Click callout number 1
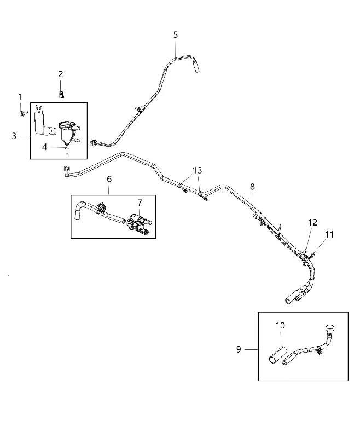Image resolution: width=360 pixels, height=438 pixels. point(20,97)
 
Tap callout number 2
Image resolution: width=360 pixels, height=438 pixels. point(61,74)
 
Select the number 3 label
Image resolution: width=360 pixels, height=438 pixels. point(14,136)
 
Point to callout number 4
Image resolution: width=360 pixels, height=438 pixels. point(45,147)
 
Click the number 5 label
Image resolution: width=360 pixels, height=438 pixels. point(176,35)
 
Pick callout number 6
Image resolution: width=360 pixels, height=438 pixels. point(109,179)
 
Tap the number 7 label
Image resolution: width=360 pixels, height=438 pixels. point(140,203)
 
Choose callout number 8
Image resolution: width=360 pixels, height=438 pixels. point(252,187)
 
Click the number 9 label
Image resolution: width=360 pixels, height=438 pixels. point(239,349)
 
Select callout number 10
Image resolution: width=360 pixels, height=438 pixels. point(280,326)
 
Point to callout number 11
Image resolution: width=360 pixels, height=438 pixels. point(329,235)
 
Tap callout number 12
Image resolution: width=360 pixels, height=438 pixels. point(313,222)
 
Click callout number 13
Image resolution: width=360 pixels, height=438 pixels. point(198,170)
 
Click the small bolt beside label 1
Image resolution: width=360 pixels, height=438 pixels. point(24,113)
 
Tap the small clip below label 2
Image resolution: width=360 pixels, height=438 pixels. point(61,94)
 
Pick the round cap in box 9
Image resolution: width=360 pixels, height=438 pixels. point(329,328)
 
